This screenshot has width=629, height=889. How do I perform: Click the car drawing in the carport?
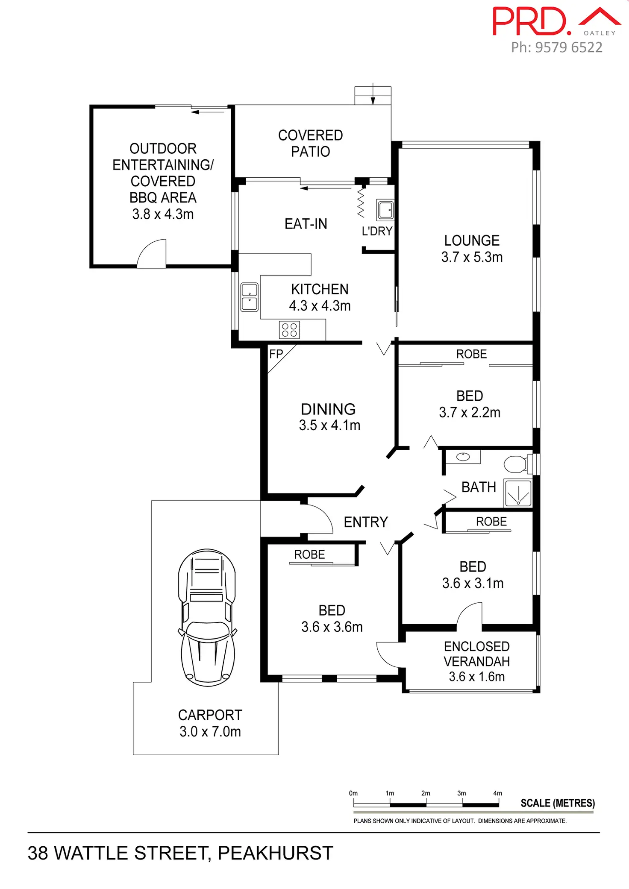click(207, 617)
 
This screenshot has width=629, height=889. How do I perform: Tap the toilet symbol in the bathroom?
click(518, 464)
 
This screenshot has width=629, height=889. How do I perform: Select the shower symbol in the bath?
click(518, 493)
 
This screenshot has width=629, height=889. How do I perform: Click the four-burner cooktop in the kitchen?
click(289, 330)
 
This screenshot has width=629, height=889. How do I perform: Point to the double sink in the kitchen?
click(250, 297)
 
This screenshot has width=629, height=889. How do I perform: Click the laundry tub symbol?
click(385, 209)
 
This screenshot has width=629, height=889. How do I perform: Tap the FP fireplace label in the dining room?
click(276, 354)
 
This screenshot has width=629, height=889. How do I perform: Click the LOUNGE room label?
click(472, 241)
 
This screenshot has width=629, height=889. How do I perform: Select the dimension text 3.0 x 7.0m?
click(210, 731)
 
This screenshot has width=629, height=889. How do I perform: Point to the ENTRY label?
click(366, 522)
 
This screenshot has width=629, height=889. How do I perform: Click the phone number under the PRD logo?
click(557, 47)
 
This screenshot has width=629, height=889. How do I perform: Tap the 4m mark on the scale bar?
click(498, 793)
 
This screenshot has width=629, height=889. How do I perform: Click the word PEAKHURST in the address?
click(276, 853)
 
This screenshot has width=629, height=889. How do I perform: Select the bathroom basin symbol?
click(463, 457)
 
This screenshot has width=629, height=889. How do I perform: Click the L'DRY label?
click(377, 231)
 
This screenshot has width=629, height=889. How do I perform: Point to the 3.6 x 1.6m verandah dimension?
click(476, 677)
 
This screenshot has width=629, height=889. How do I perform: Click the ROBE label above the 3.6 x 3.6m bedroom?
click(309, 555)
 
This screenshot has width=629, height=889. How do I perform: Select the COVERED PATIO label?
click(311, 143)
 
